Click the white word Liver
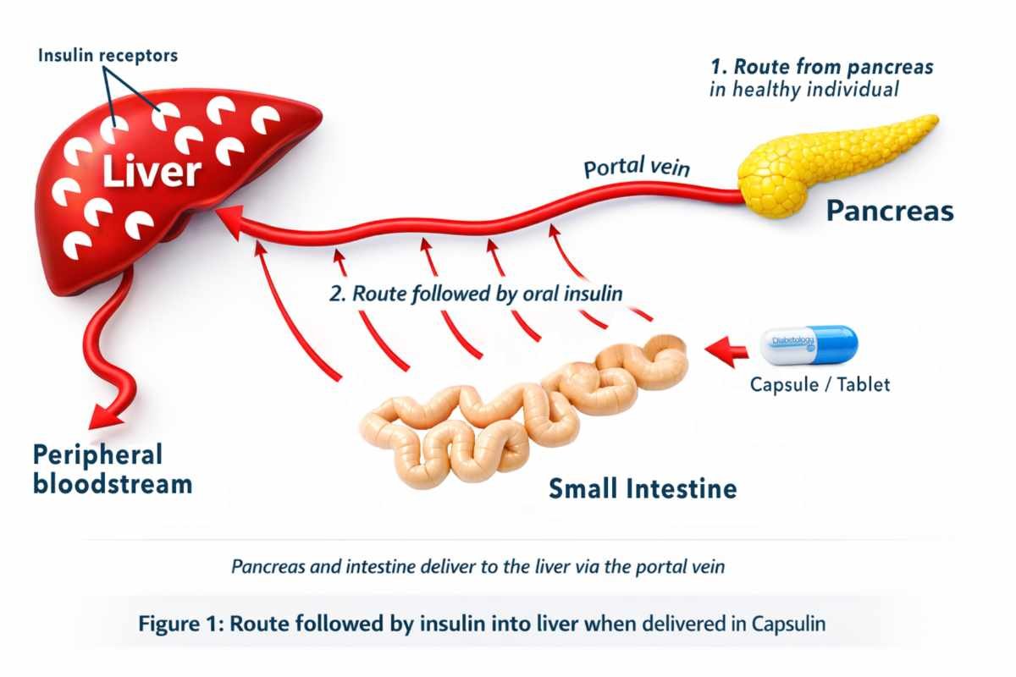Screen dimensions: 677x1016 (x=152, y=172)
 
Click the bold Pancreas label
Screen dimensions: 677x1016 (x=890, y=210)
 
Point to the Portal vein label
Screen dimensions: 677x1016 (x=637, y=168)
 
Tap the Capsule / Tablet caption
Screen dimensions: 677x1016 (x=820, y=385)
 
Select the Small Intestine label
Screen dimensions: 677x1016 (x=643, y=488)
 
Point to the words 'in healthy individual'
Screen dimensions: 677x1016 (x=803, y=90)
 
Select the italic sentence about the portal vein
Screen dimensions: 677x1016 (x=478, y=567)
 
